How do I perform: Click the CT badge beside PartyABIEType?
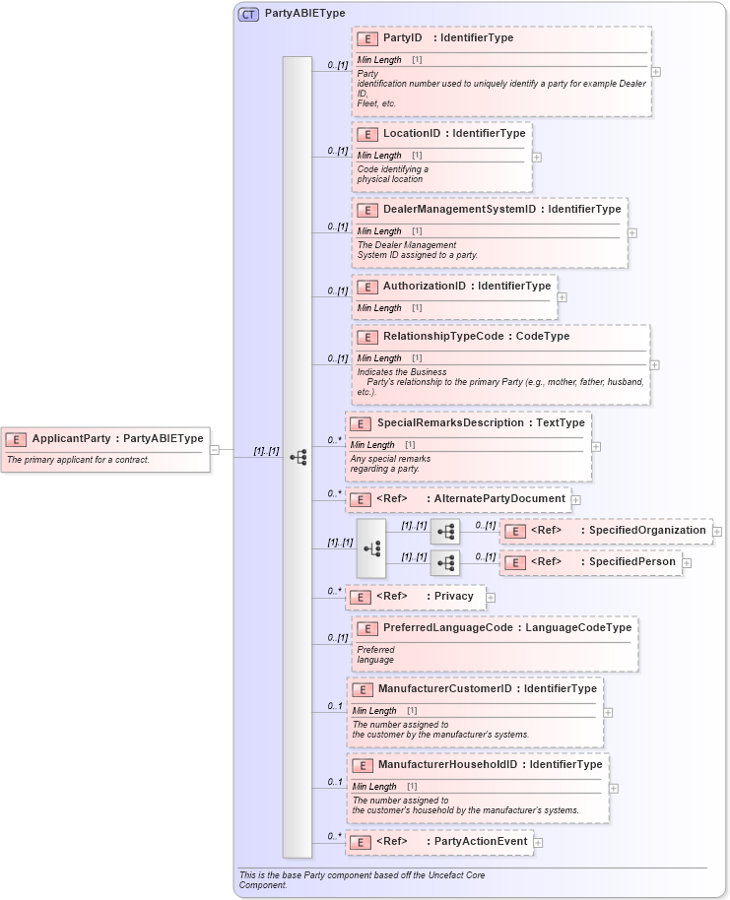(x=248, y=14)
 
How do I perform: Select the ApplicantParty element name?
(x=71, y=438)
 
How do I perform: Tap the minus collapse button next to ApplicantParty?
(x=215, y=450)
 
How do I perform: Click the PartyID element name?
(x=402, y=38)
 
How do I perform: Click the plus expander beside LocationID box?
(x=537, y=157)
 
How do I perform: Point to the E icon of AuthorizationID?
(x=366, y=287)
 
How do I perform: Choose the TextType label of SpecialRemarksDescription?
(x=560, y=423)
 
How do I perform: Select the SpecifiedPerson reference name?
(x=631, y=562)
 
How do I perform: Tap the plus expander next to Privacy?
(x=491, y=597)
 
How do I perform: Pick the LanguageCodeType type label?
(x=578, y=627)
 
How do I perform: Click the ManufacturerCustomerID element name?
(x=444, y=689)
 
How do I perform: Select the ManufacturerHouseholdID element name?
(x=447, y=765)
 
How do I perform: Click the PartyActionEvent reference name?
(x=480, y=842)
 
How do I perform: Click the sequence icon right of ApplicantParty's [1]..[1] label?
(x=298, y=457)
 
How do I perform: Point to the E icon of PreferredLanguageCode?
(x=366, y=628)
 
